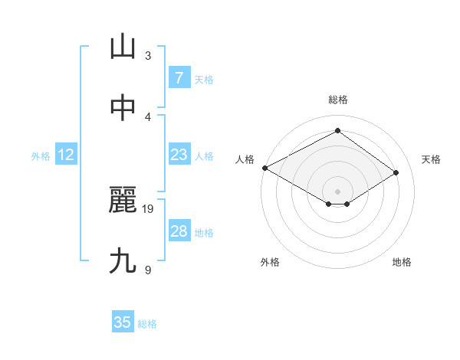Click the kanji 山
click(123, 47)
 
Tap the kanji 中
click(123, 109)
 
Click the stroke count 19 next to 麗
click(149, 208)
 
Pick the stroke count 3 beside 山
click(148, 55)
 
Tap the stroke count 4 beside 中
click(148, 116)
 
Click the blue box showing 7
click(179, 78)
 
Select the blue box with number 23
click(179, 155)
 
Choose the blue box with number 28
click(179, 231)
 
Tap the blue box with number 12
click(66, 155)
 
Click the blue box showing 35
click(123, 322)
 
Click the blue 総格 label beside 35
click(147, 324)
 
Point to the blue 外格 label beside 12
click(41, 155)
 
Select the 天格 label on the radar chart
click(432, 159)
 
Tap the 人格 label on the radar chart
click(244, 159)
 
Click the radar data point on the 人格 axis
click(264, 168)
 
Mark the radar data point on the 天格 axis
click(396, 173)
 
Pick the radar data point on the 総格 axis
click(337, 131)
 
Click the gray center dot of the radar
click(337, 191)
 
